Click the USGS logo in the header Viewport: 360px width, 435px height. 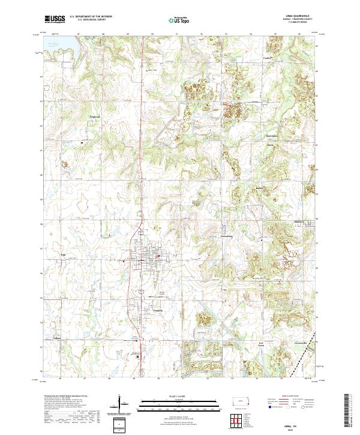(x=55, y=19)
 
